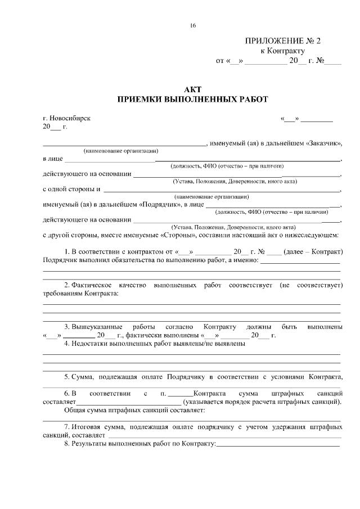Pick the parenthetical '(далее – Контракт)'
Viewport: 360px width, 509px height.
[x=313, y=251]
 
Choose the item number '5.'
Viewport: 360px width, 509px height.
[x=66, y=377]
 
